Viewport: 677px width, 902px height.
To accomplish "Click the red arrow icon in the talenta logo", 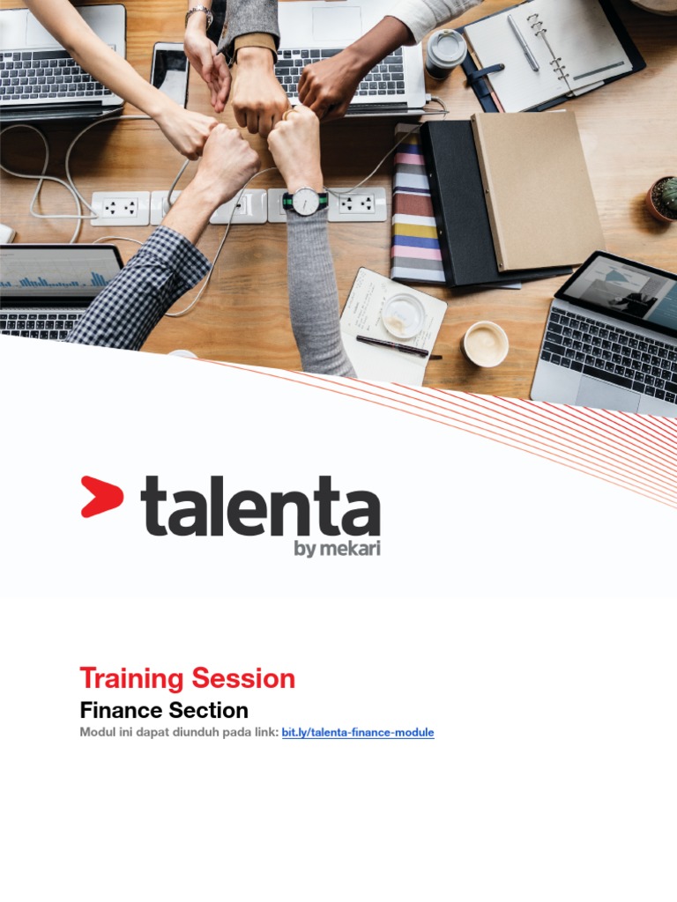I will click(x=100, y=496).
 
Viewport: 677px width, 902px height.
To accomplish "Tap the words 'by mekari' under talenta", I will click(x=337, y=549).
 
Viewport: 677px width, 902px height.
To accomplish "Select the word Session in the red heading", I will click(x=246, y=678).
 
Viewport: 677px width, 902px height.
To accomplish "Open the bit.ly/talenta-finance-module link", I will click(x=358, y=733).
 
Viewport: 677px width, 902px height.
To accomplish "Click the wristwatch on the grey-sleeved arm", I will click(x=305, y=201).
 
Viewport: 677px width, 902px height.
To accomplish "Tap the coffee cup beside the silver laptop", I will click(x=486, y=343).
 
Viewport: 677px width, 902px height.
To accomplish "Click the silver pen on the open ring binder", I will click(x=522, y=42).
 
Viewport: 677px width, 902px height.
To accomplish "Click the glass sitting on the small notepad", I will click(x=404, y=314).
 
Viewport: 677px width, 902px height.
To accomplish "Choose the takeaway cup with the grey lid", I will click(x=445, y=53).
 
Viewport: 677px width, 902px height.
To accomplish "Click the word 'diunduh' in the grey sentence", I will click(x=202, y=733).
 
